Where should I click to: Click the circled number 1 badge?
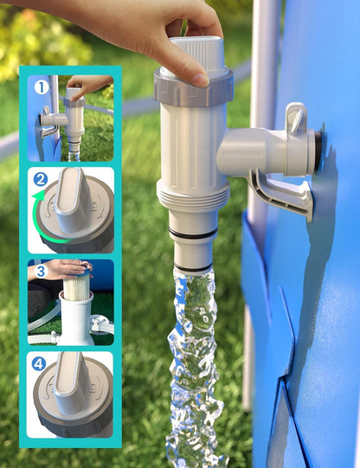(42, 87)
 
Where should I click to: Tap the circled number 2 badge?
(41, 180)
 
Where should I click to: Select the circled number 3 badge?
(41, 272)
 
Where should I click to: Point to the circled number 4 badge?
(39, 364)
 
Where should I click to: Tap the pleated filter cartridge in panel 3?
(76, 286)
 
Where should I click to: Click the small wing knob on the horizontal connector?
(295, 118)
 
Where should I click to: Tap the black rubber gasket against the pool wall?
(318, 151)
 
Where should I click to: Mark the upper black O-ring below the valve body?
(193, 233)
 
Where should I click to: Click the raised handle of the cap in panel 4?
(68, 383)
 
